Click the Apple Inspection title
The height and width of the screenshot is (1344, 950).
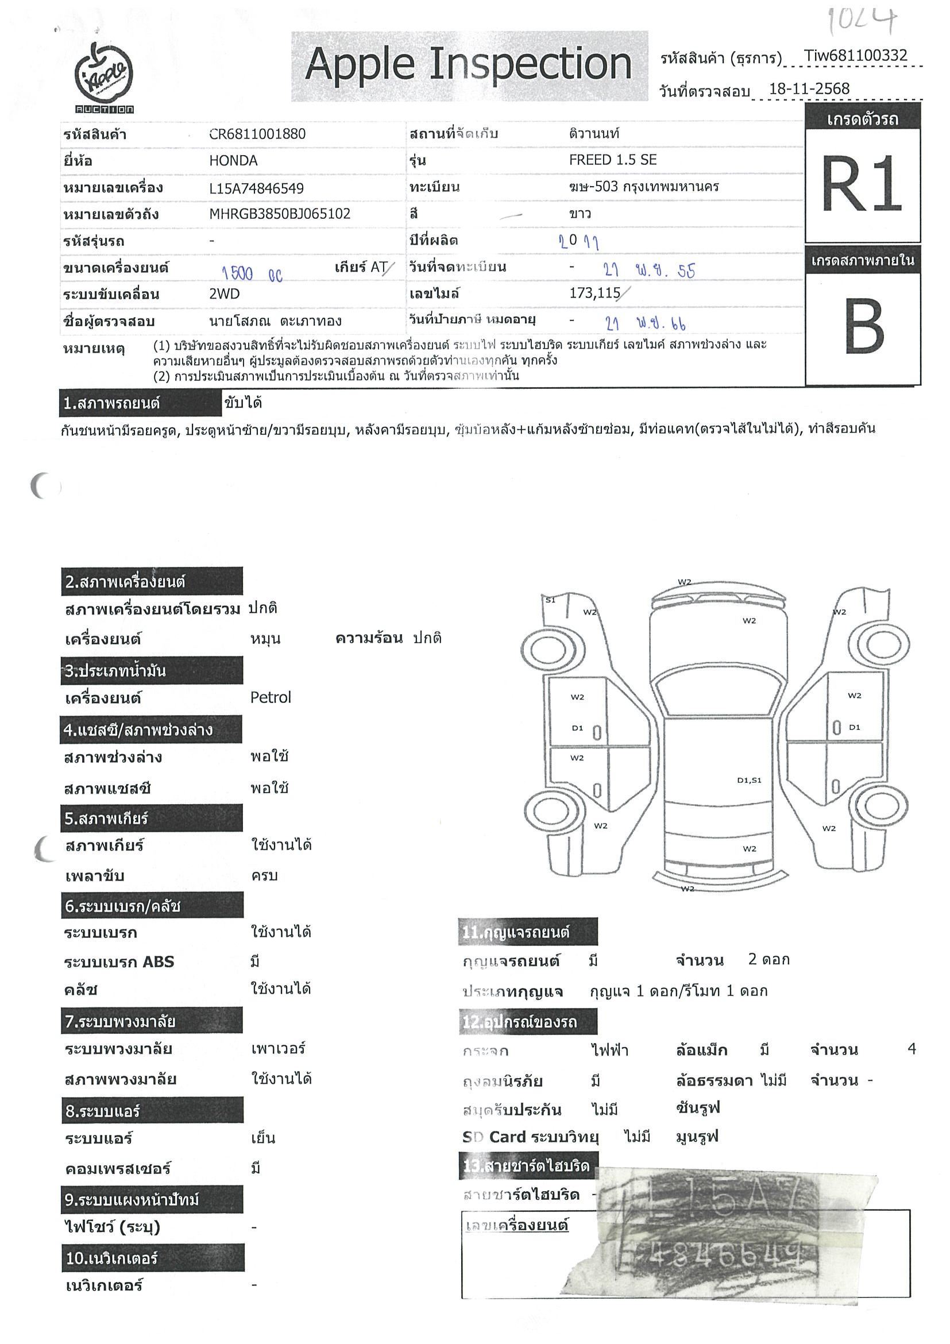click(469, 64)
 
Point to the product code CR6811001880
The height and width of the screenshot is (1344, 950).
click(257, 134)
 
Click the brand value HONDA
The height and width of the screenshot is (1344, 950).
click(233, 161)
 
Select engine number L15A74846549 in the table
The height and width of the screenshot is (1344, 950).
click(256, 188)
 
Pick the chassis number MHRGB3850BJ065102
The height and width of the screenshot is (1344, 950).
click(280, 214)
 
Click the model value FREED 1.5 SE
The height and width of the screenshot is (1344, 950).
click(612, 160)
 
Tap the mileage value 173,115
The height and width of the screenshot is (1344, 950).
click(594, 293)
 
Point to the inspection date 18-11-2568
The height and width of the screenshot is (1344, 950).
click(808, 89)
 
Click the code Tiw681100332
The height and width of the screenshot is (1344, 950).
click(855, 56)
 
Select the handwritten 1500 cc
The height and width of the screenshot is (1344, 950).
click(252, 273)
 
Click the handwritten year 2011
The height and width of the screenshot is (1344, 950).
click(578, 241)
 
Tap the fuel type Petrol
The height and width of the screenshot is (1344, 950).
click(271, 697)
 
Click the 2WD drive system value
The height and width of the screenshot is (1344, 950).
click(224, 294)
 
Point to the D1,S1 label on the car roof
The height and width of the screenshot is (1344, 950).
click(749, 781)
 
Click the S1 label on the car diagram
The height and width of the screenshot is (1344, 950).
click(550, 600)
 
